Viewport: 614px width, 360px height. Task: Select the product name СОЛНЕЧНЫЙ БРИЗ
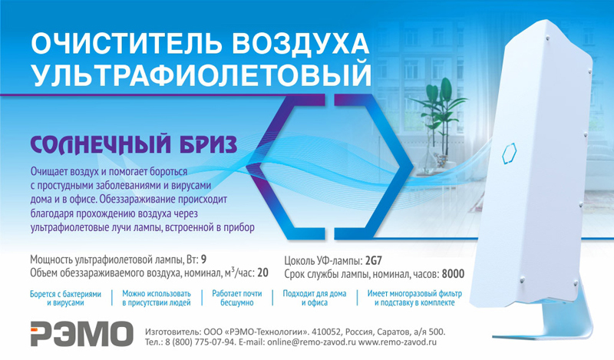click(x=134, y=144)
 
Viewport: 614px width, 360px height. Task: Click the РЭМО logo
click(x=82, y=334)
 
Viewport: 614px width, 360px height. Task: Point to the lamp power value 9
click(x=203, y=259)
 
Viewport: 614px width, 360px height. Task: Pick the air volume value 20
click(x=262, y=272)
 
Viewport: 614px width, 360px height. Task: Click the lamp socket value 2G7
click(x=373, y=260)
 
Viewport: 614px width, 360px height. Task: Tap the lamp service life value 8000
click(x=453, y=274)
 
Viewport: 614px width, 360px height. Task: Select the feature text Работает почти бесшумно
click(x=237, y=298)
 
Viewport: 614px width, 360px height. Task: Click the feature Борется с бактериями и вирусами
click(x=65, y=298)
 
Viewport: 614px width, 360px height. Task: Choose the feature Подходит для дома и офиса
click(x=315, y=298)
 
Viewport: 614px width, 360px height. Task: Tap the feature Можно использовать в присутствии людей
click(x=157, y=298)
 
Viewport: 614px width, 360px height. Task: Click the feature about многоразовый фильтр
click(x=414, y=298)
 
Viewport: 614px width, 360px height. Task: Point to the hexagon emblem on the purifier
click(x=509, y=154)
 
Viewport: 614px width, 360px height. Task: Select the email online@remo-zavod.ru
click(x=312, y=342)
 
